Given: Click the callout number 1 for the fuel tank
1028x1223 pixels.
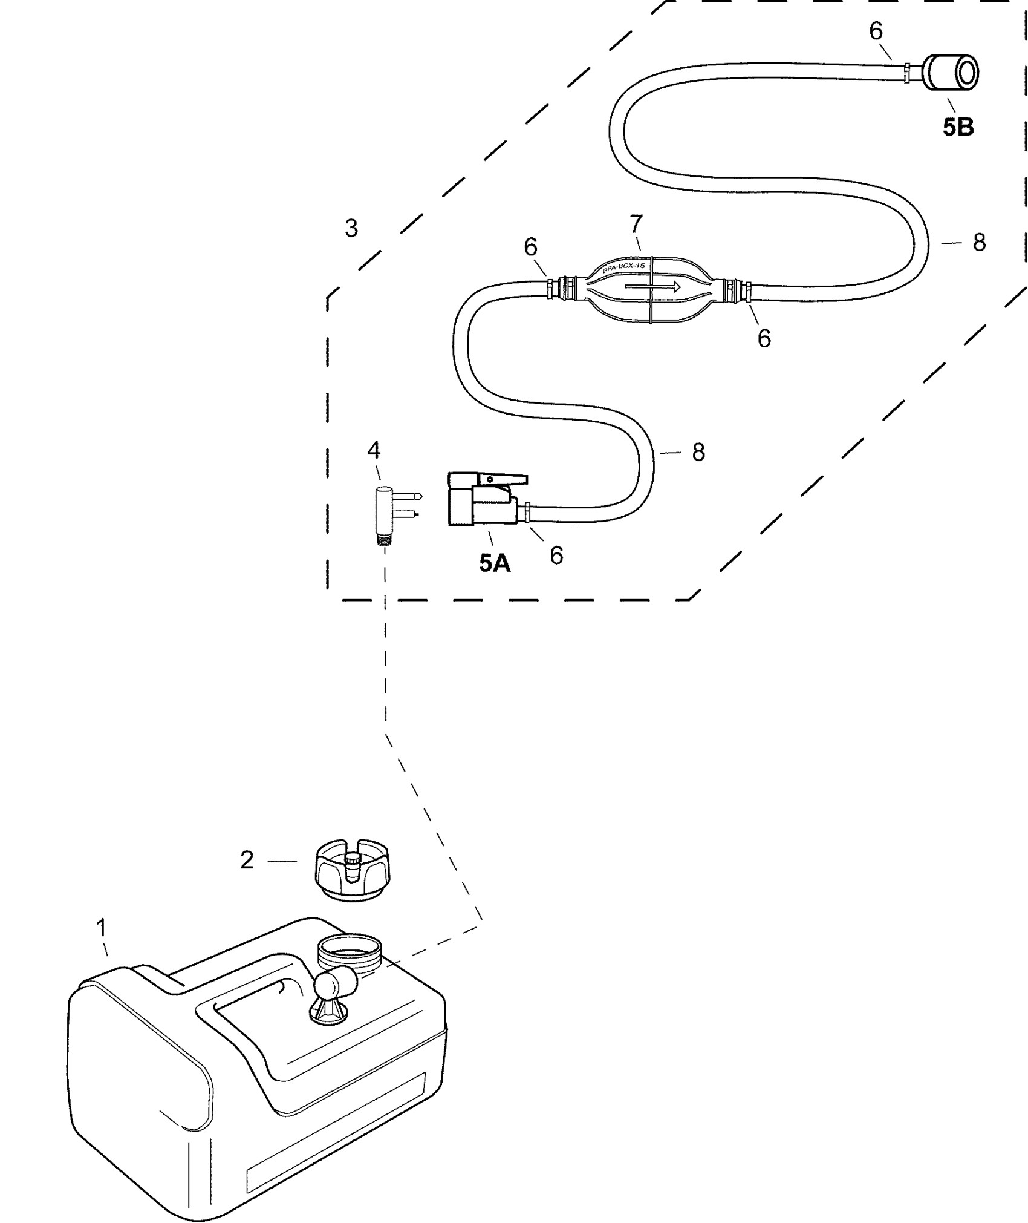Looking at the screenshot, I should tap(102, 927).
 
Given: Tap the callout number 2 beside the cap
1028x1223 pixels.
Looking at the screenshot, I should tap(247, 861).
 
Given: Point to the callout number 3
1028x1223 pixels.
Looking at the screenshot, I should tap(351, 229).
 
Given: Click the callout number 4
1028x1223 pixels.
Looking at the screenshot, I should tap(374, 450).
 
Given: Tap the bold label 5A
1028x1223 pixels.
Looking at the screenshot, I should tap(495, 563).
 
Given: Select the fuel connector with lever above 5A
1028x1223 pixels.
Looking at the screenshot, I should tap(483, 499).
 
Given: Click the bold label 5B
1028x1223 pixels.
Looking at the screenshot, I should tap(958, 127).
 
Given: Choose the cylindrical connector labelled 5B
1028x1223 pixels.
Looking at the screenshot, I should tap(952, 73).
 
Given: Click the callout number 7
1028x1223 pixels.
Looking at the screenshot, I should tap(636, 225).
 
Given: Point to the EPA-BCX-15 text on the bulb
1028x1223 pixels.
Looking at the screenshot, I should tap(623, 267).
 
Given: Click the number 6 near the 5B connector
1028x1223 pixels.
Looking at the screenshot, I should tap(876, 31).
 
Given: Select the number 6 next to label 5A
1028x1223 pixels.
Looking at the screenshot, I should tap(556, 555).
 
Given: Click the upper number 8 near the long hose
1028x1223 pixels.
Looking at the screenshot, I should tap(979, 243).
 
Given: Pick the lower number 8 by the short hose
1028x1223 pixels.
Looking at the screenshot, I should tap(698, 452).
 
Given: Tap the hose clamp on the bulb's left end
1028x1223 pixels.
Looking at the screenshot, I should tap(550, 286).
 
